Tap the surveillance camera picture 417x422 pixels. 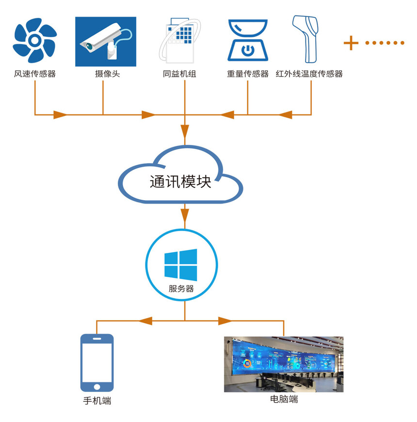pos(105,42)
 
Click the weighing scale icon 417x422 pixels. pos(247,41)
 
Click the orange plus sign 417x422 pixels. pos(351,43)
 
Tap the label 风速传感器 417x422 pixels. pos(35,74)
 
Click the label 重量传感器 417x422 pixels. pos(247,74)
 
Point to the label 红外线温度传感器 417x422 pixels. pos(309,74)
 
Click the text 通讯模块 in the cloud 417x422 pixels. pos(180,182)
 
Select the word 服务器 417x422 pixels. pos(181,288)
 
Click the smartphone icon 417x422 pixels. pos(97,362)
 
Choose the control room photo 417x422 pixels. pos(284,364)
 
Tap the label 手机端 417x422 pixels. pos(97,401)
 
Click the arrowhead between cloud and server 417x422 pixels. pos(185,214)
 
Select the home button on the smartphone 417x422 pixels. pos(97,386)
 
